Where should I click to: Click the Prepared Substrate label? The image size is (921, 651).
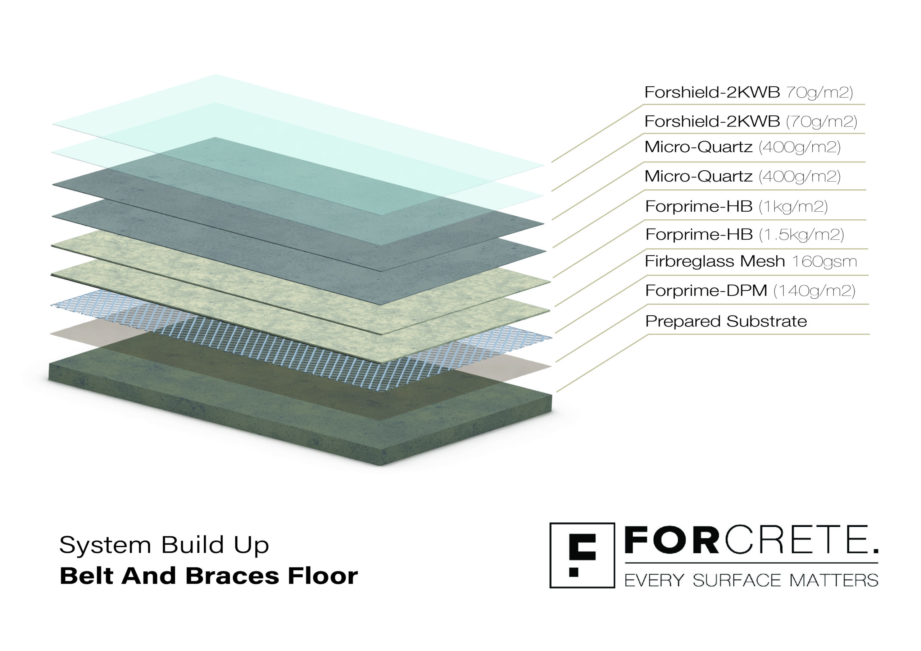[x=726, y=321]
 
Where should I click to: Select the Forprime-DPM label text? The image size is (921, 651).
[x=706, y=290]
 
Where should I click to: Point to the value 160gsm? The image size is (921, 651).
[x=825, y=261]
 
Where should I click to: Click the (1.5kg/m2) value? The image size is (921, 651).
[x=802, y=235]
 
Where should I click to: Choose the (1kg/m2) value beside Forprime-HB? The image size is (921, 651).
[x=793, y=207]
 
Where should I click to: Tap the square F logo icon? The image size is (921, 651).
[x=582, y=555]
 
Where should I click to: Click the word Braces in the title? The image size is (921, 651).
[x=232, y=576]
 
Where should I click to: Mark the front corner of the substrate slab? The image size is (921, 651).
[x=381, y=466]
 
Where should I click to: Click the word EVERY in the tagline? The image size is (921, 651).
[x=654, y=581]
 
